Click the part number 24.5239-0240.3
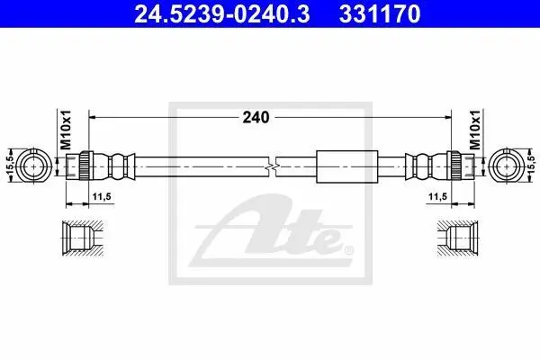tap(221, 13)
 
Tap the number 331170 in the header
tap(379, 13)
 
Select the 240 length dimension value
tap(256, 118)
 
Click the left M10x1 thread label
tap(66, 130)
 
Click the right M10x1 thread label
tap(475, 130)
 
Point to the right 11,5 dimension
tap(437, 197)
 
